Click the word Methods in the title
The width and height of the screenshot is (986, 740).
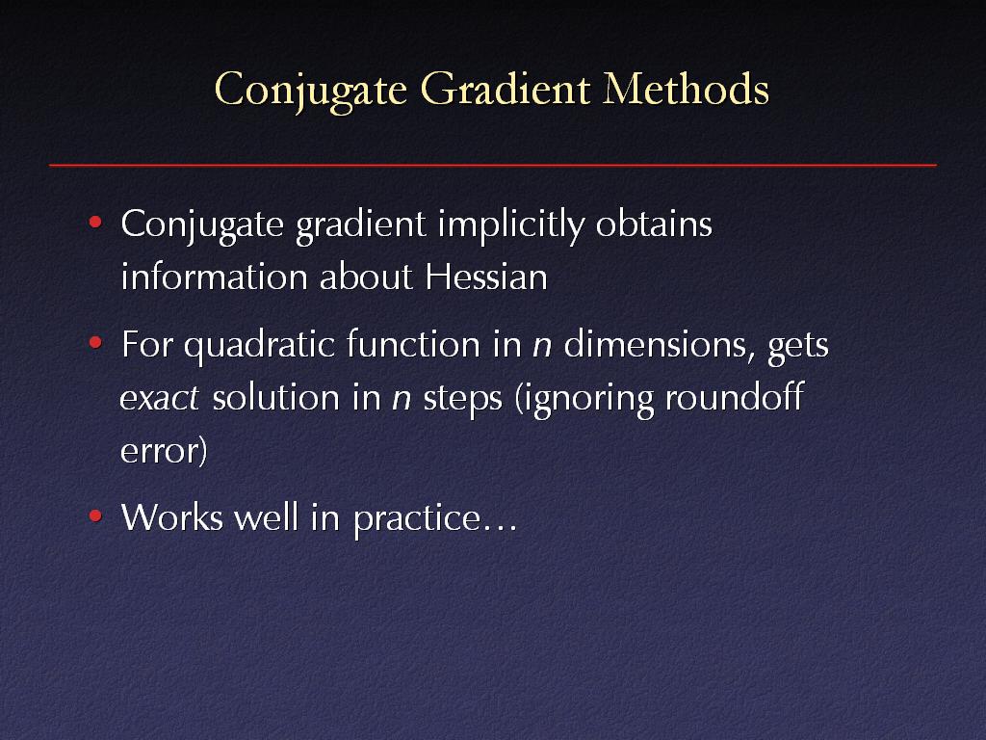tap(686, 89)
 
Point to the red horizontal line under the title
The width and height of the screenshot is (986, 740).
tap(493, 165)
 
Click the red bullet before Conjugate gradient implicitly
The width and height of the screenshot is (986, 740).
tap(95, 222)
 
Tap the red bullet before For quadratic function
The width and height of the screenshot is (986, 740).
tap(95, 342)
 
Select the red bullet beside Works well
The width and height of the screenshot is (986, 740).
tap(95, 516)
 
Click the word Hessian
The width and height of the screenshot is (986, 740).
tap(486, 277)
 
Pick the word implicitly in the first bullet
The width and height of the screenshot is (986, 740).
tap(511, 225)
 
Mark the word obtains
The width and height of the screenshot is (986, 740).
tap(654, 224)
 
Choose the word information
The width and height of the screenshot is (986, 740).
tap(213, 277)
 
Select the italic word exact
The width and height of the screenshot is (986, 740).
tap(160, 399)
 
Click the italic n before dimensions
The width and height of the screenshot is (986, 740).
tap(542, 347)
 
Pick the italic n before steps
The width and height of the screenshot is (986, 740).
tap(402, 400)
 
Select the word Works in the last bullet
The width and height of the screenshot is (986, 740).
tap(171, 517)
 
